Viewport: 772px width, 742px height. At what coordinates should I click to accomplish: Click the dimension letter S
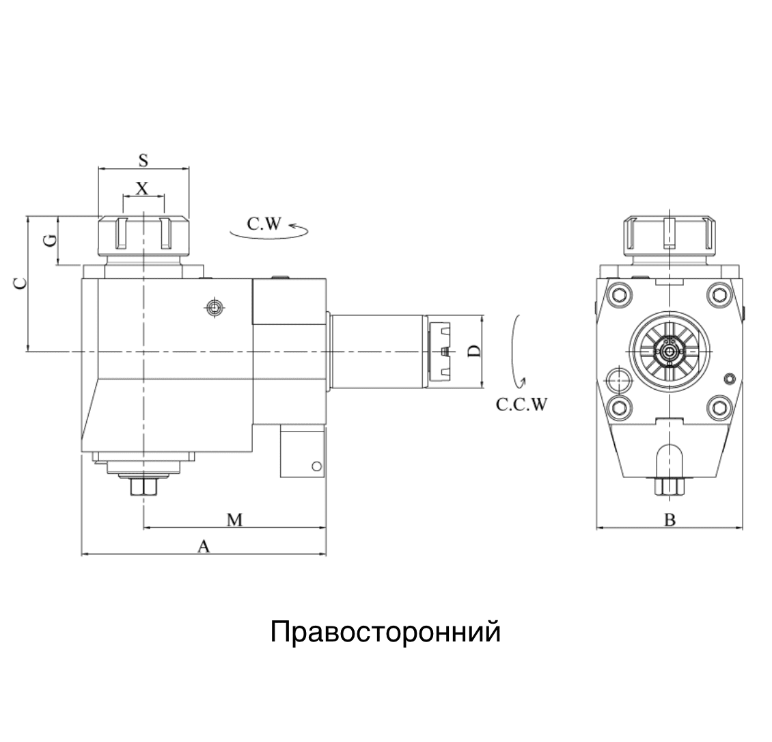[x=143, y=160]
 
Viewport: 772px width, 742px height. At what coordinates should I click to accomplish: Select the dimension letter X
[x=142, y=188]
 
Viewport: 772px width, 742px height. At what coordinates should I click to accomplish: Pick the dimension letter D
[x=473, y=352]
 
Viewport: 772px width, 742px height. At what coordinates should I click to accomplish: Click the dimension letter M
[x=235, y=520]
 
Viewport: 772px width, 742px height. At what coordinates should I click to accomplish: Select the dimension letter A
[x=203, y=546]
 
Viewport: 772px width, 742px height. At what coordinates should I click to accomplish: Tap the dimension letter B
[x=670, y=520]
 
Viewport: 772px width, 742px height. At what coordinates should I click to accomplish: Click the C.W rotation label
[x=264, y=224]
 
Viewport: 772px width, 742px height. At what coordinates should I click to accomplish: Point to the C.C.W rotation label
[x=521, y=405]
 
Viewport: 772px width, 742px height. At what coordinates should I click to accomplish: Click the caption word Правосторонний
[x=385, y=632]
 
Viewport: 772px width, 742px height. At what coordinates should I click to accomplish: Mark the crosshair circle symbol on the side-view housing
[x=215, y=309]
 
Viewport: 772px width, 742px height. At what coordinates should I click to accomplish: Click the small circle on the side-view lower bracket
[x=316, y=466]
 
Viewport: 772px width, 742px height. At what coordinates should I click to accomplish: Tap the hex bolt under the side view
[x=143, y=488]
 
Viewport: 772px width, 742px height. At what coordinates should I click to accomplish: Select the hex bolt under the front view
[x=669, y=486]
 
